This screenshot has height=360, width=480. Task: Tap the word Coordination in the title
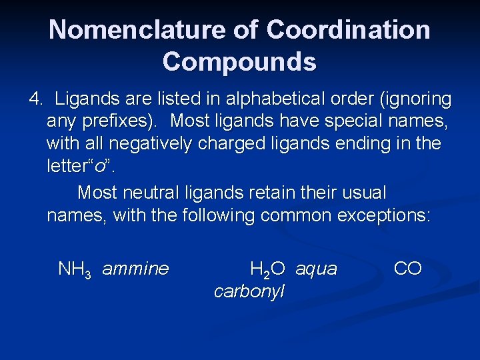coord(349,30)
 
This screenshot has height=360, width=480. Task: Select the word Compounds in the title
coord(239,62)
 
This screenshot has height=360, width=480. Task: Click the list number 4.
coord(35,100)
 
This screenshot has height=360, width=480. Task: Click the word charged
coord(240,145)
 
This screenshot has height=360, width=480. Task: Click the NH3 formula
coord(74,270)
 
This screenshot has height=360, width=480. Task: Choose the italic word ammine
coord(135,269)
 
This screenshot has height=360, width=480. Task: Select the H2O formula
coord(267,270)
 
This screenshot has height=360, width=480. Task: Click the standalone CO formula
coord(407,269)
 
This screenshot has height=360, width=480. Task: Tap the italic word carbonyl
coord(249,291)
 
